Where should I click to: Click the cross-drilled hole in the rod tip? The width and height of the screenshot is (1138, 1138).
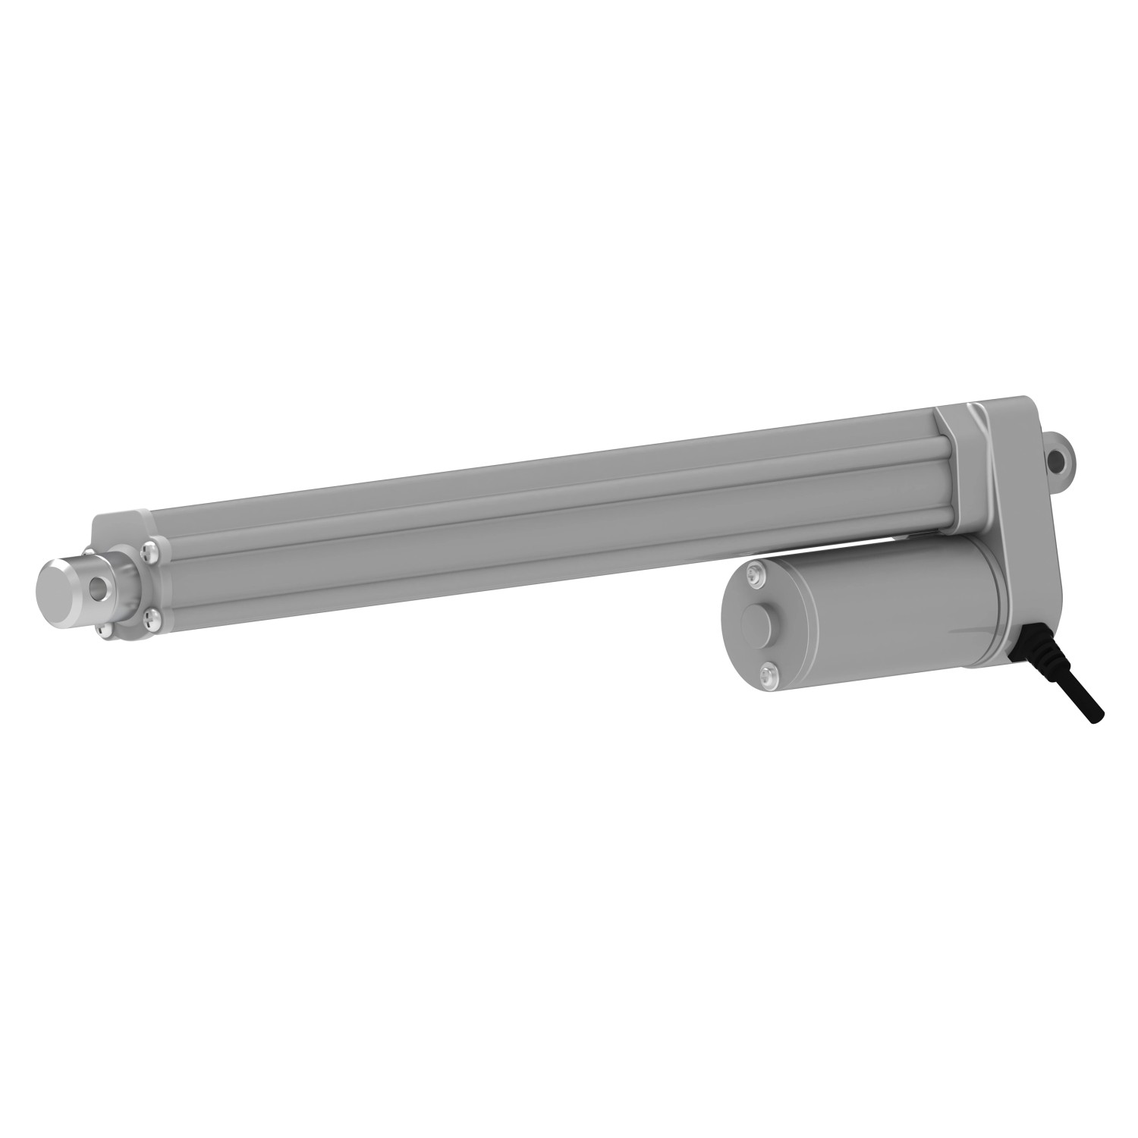tap(96, 587)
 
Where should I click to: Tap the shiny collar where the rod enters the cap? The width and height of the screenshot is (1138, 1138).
tap(121, 581)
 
